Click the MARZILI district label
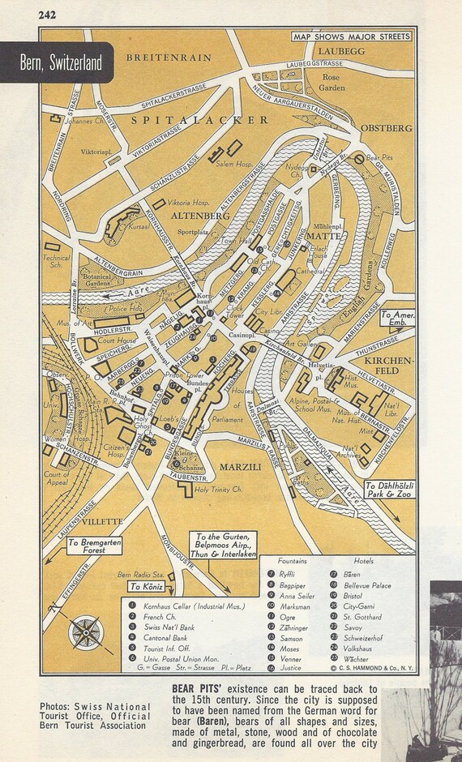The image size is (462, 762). click(241, 468)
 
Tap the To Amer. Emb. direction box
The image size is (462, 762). click(397, 317)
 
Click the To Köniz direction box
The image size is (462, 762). click(146, 586)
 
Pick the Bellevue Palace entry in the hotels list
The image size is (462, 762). click(370, 584)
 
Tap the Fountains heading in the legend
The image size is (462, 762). click(293, 560)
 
